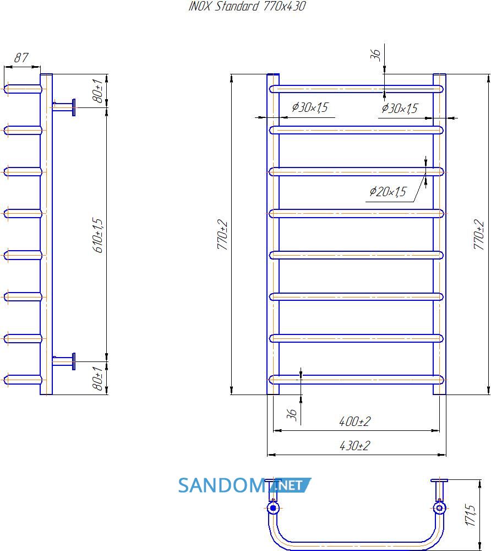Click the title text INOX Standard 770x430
click(247, 6)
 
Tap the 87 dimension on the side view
click(21, 58)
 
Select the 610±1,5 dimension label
click(98, 235)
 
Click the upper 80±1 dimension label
click(98, 91)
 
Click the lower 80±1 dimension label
click(98, 378)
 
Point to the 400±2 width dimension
click(355, 421)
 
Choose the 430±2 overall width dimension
click(355, 446)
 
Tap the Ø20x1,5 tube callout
click(388, 192)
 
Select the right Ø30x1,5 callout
click(400, 108)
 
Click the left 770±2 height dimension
click(222, 234)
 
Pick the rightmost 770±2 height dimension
click(479, 234)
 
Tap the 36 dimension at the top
click(375, 55)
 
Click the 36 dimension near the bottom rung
click(292, 415)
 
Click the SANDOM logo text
click(227, 485)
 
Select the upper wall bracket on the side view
click(64, 107)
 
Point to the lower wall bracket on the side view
click(64, 361)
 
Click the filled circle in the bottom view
click(273, 508)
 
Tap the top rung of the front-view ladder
click(356, 89)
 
